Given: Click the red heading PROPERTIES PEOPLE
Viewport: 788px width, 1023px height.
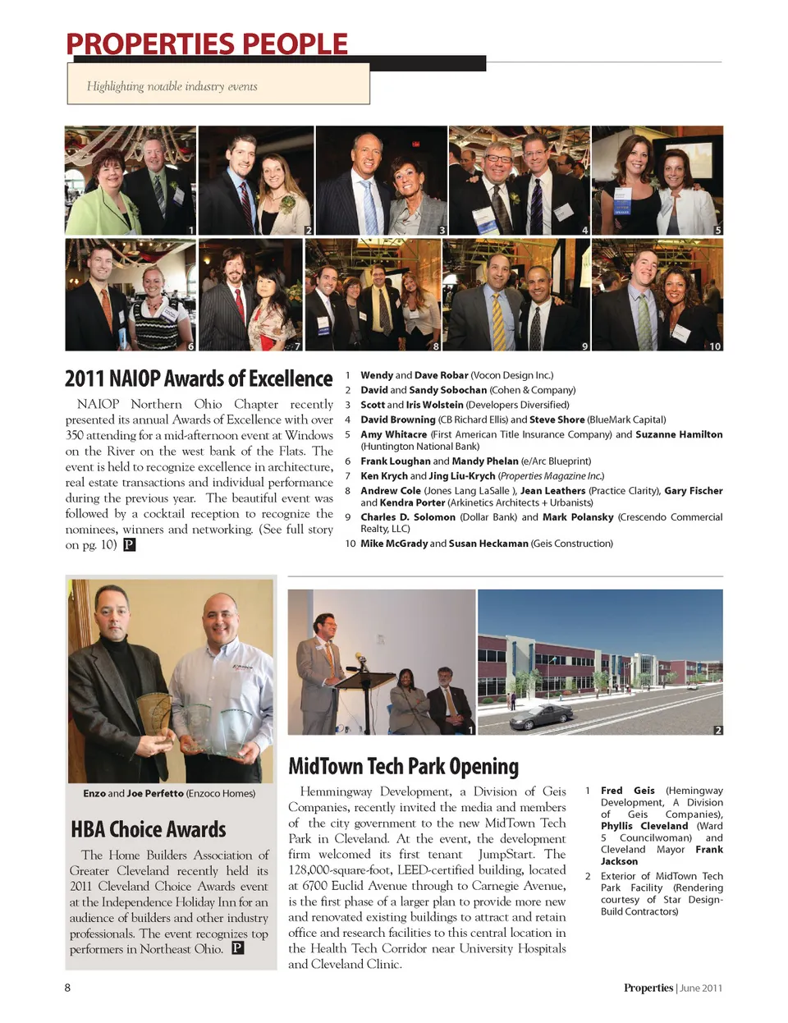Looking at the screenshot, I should coord(207,44).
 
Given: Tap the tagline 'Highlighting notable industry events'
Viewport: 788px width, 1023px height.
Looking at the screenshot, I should coord(172,86).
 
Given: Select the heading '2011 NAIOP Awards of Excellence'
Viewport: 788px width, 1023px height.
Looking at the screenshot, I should coord(199,378).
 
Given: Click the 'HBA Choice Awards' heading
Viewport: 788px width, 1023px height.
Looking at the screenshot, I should coord(149,829).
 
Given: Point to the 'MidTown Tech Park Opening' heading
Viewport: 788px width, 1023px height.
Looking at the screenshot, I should coord(403,766).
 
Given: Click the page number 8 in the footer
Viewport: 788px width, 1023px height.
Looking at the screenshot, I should coord(68,988).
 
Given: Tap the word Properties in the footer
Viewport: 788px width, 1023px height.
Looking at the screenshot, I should coord(648,988).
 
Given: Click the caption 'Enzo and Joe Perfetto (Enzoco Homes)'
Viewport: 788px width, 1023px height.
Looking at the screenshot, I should coord(169,793).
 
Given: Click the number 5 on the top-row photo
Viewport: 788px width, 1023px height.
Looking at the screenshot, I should coord(717,231).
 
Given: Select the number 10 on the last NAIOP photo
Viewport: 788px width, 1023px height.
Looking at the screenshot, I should coord(715,346).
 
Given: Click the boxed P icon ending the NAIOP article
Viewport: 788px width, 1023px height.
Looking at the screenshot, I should coord(129,544).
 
